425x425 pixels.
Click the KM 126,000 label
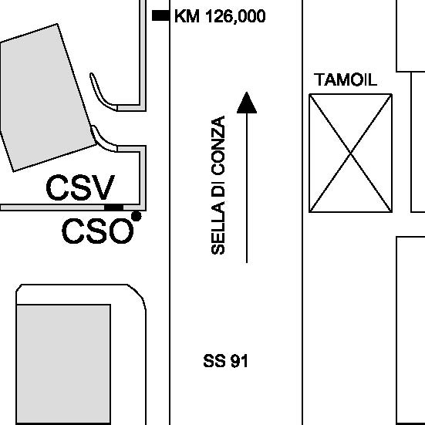pyautogui.click(x=220, y=16)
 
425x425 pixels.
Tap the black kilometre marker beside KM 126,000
pyautogui.click(x=160, y=15)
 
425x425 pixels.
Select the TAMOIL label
pyautogui.click(x=346, y=79)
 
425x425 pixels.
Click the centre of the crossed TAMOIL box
pyautogui.click(x=350, y=153)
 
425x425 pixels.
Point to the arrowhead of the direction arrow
pyautogui.click(x=247, y=103)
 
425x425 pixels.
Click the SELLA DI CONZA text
pyautogui.click(x=218, y=185)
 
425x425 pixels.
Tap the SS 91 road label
pyautogui.click(x=225, y=361)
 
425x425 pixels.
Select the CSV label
pyautogui.click(x=80, y=187)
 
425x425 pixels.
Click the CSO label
pyautogui.click(x=98, y=231)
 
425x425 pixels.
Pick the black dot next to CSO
pyautogui.click(x=137, y=216)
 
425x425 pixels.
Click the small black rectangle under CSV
pyautogui.click(x=114, y=207)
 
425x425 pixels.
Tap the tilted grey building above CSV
pyautogui.click(x=46, y=99)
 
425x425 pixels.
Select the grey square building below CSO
pyautogui.click(x=63, y=364)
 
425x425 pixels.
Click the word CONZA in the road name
pyautogui.click(x=218, y=146)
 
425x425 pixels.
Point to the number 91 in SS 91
pyautogui.click(x=239, y=361)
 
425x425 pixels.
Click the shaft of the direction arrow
pyautogui.click(x=247, y=188)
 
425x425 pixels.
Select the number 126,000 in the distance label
pyautogui.click(x=236, y=16)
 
